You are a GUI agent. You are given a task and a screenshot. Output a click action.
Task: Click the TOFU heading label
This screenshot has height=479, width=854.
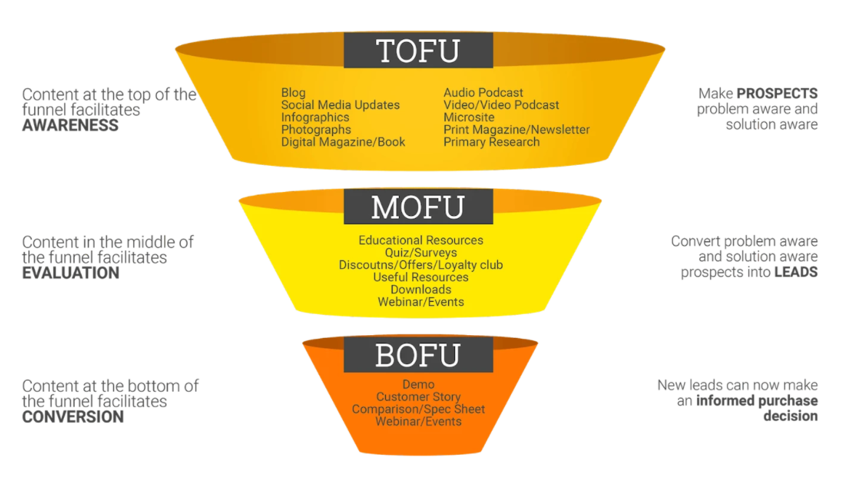click(418, 51)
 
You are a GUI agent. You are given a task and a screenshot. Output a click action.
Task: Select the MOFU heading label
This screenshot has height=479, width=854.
click(418, 207)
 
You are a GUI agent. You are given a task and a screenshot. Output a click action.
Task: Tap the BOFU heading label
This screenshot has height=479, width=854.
click(418, 355)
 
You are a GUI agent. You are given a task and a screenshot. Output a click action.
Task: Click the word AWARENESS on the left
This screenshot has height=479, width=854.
click(71, 125)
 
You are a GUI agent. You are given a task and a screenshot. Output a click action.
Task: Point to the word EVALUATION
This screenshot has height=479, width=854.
click(71, 273)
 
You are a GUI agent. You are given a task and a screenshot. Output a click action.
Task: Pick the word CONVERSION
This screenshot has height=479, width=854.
click(73, 417)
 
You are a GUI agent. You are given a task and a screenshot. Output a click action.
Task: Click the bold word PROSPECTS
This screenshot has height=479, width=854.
click(777, 94)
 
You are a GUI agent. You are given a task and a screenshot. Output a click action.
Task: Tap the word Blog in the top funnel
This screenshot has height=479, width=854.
click(294, 93)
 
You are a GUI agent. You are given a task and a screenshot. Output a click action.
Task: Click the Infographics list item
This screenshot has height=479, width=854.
click(315, 118)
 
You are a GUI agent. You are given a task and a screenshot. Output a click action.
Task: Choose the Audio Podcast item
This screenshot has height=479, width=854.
click(483, 93)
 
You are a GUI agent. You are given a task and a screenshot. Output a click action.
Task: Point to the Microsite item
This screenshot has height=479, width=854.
click(469, 118)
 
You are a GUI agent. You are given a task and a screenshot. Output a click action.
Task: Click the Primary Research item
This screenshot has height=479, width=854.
click(491, 142)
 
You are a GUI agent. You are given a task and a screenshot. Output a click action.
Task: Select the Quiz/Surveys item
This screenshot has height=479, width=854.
click(421, 253)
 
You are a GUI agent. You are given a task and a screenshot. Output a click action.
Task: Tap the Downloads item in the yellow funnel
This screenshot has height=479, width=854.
click(421, 290)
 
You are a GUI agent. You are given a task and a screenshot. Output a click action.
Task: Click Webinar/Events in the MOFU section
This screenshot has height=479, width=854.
click(421, 302)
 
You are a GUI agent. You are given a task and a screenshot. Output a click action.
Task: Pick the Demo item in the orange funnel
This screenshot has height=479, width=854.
click(419, 385)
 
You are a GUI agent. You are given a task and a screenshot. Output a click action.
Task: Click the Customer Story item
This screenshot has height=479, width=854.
click(419, 397)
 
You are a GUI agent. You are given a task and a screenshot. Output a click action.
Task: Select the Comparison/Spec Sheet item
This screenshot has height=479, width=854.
click(419, 409)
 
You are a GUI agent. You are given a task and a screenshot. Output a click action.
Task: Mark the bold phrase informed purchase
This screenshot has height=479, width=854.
click(757, 401)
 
